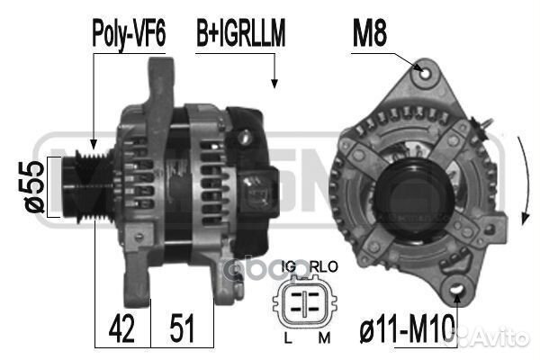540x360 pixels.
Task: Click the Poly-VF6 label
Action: pos(129,33)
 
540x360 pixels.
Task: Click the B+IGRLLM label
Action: pos(240,33)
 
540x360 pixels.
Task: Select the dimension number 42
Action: pos(121,328)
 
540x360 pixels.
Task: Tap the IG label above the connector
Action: pos(289,267)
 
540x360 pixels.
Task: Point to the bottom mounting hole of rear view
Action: pos(458,290)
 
